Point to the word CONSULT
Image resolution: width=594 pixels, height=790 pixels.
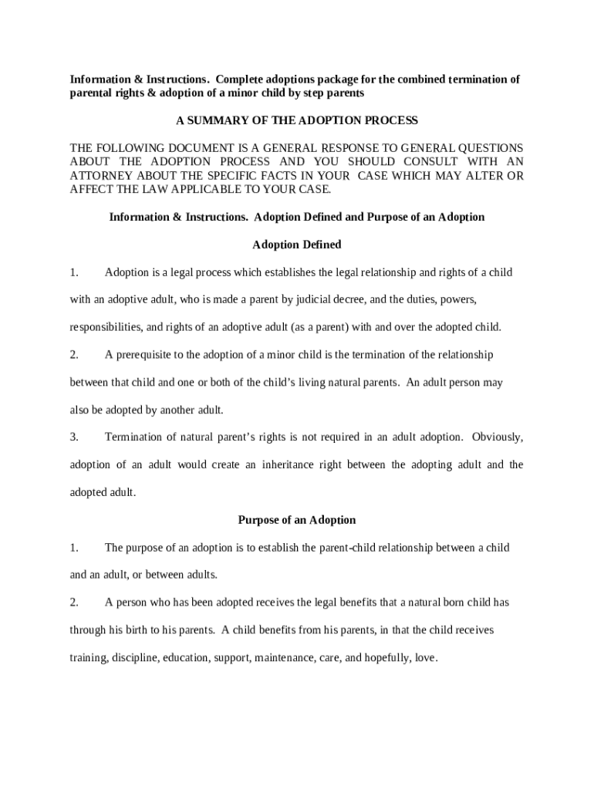(x=421, y=161)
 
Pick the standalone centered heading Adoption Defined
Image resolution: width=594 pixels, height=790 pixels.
(x=297, y=245)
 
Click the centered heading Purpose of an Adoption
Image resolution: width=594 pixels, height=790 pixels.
(x=297, y=520)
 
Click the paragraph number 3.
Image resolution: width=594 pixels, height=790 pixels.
(x=74, y=437)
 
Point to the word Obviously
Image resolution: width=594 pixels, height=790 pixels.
(x=497, y=437)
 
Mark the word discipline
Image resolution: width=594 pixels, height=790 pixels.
(x=135, y=658)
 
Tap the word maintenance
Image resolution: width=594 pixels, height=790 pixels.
(x=281, y=658)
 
